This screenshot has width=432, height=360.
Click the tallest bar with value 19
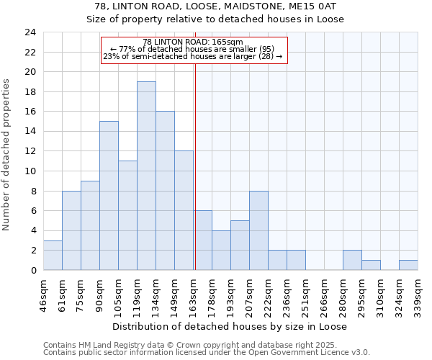146,176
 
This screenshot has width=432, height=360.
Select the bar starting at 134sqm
165,191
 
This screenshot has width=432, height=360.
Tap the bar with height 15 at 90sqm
109,196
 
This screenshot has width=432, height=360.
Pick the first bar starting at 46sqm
53,256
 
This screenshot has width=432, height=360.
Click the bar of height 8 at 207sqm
258,230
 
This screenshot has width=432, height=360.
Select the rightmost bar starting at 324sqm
408,265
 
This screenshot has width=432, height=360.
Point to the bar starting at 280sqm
352,260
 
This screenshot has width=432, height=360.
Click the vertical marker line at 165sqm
195,166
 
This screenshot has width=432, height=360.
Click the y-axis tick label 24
30,32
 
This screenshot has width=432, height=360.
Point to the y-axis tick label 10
30,171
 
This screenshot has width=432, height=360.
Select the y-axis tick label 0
32,271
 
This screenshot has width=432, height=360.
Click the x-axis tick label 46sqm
44,293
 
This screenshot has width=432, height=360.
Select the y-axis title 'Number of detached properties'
6,151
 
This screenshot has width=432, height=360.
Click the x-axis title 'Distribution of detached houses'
230,326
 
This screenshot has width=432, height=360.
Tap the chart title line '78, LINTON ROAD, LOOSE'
215,6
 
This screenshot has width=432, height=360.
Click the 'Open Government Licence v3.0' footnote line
207,353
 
